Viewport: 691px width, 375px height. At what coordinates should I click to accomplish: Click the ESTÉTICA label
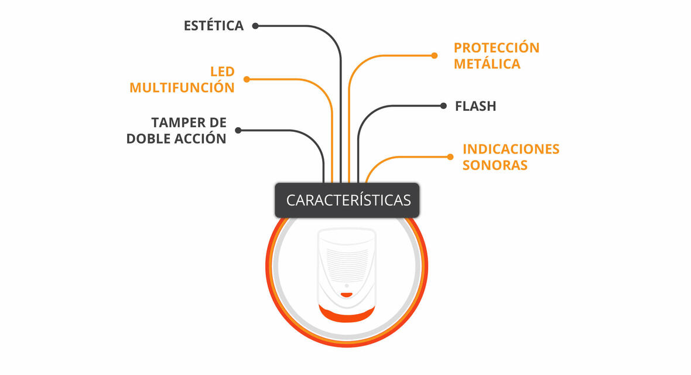(214, 25)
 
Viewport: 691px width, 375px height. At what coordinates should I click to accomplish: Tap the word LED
(222, 71)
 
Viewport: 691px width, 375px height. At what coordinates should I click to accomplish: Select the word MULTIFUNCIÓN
(182, 87)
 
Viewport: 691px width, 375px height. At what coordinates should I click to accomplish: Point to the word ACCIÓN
(201, 138)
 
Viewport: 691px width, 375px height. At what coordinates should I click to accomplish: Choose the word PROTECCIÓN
(497, 47)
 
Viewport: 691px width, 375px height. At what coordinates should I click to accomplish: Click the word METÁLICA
(487, 63)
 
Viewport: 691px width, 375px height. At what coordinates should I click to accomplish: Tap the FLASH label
(476, 106)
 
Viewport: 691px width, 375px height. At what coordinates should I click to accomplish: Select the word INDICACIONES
(511, 149)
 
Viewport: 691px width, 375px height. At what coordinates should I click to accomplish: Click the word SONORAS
(495, 165)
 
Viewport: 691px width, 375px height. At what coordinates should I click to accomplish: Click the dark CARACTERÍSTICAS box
(347, 200)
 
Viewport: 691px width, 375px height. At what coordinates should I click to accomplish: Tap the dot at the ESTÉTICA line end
(255, 26)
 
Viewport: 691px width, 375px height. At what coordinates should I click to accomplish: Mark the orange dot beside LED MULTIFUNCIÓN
(247, 80)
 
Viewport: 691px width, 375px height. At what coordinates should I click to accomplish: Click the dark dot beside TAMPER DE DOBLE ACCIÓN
(238, 130)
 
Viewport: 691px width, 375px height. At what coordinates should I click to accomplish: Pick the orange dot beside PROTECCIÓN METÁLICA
(435, 56)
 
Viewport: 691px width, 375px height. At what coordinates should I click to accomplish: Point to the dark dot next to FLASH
(443, 106)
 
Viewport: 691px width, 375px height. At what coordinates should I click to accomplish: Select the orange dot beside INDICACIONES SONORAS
(450, 156)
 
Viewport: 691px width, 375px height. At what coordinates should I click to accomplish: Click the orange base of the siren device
(347, 314)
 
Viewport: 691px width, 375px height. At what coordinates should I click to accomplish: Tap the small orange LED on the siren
(347, 295)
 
